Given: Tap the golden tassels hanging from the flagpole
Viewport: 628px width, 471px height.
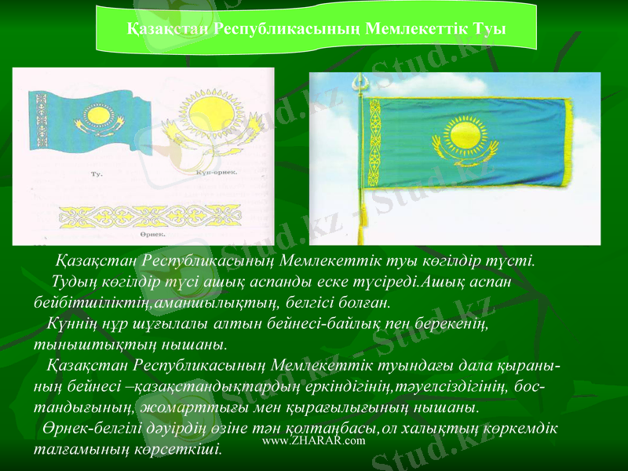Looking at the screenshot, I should click(363, 224).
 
